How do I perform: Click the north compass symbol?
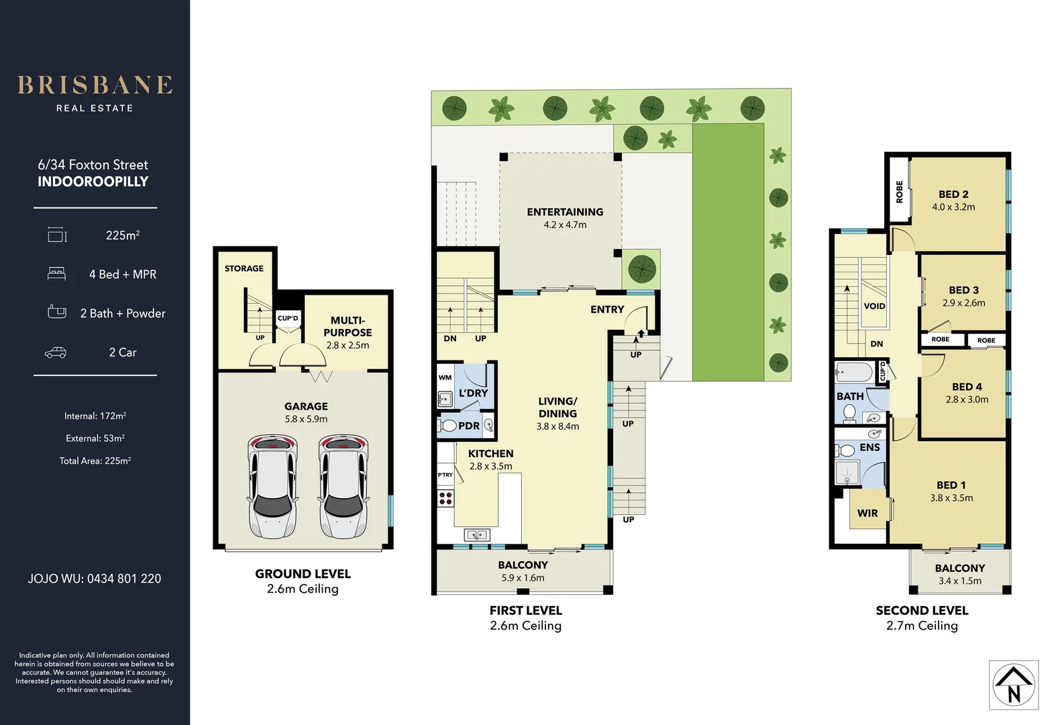point(1014,685)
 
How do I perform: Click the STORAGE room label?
point(244,269)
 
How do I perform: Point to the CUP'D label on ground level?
point(288,318)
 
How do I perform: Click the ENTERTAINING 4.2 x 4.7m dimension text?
point(565,225)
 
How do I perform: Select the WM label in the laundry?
point(445,377)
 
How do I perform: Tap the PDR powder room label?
point(469,426)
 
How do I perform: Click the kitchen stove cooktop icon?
point(445,498)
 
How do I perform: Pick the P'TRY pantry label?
point(445,475)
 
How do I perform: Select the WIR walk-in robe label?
point(867,513)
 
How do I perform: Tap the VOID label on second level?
point(874,306)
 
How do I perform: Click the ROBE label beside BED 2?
point(900,191)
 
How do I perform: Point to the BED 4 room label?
point(967,387)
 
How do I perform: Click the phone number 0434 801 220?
point(124,579)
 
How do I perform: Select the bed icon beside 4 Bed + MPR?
point(57,274)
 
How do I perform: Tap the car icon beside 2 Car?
point(56,352)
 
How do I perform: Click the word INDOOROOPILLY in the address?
point(93,181)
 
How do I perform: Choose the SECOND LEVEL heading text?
point(922,610)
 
